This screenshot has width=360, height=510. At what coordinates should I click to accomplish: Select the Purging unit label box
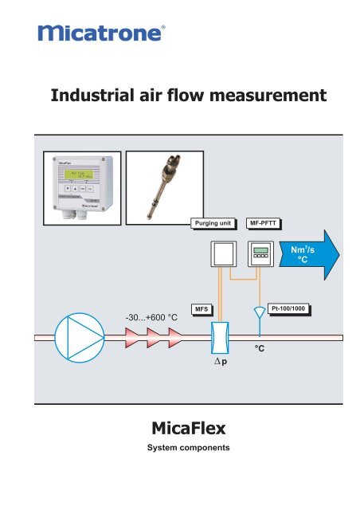tap(213, 224)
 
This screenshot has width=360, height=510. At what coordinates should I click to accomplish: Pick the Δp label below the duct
tap(219, 371)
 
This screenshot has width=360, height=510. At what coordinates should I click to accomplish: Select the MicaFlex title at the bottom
tap(179, 431)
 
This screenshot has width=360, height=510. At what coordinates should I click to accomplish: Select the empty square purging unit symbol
tap(221, 255)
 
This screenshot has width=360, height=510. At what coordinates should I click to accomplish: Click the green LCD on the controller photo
tap(75, 175)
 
